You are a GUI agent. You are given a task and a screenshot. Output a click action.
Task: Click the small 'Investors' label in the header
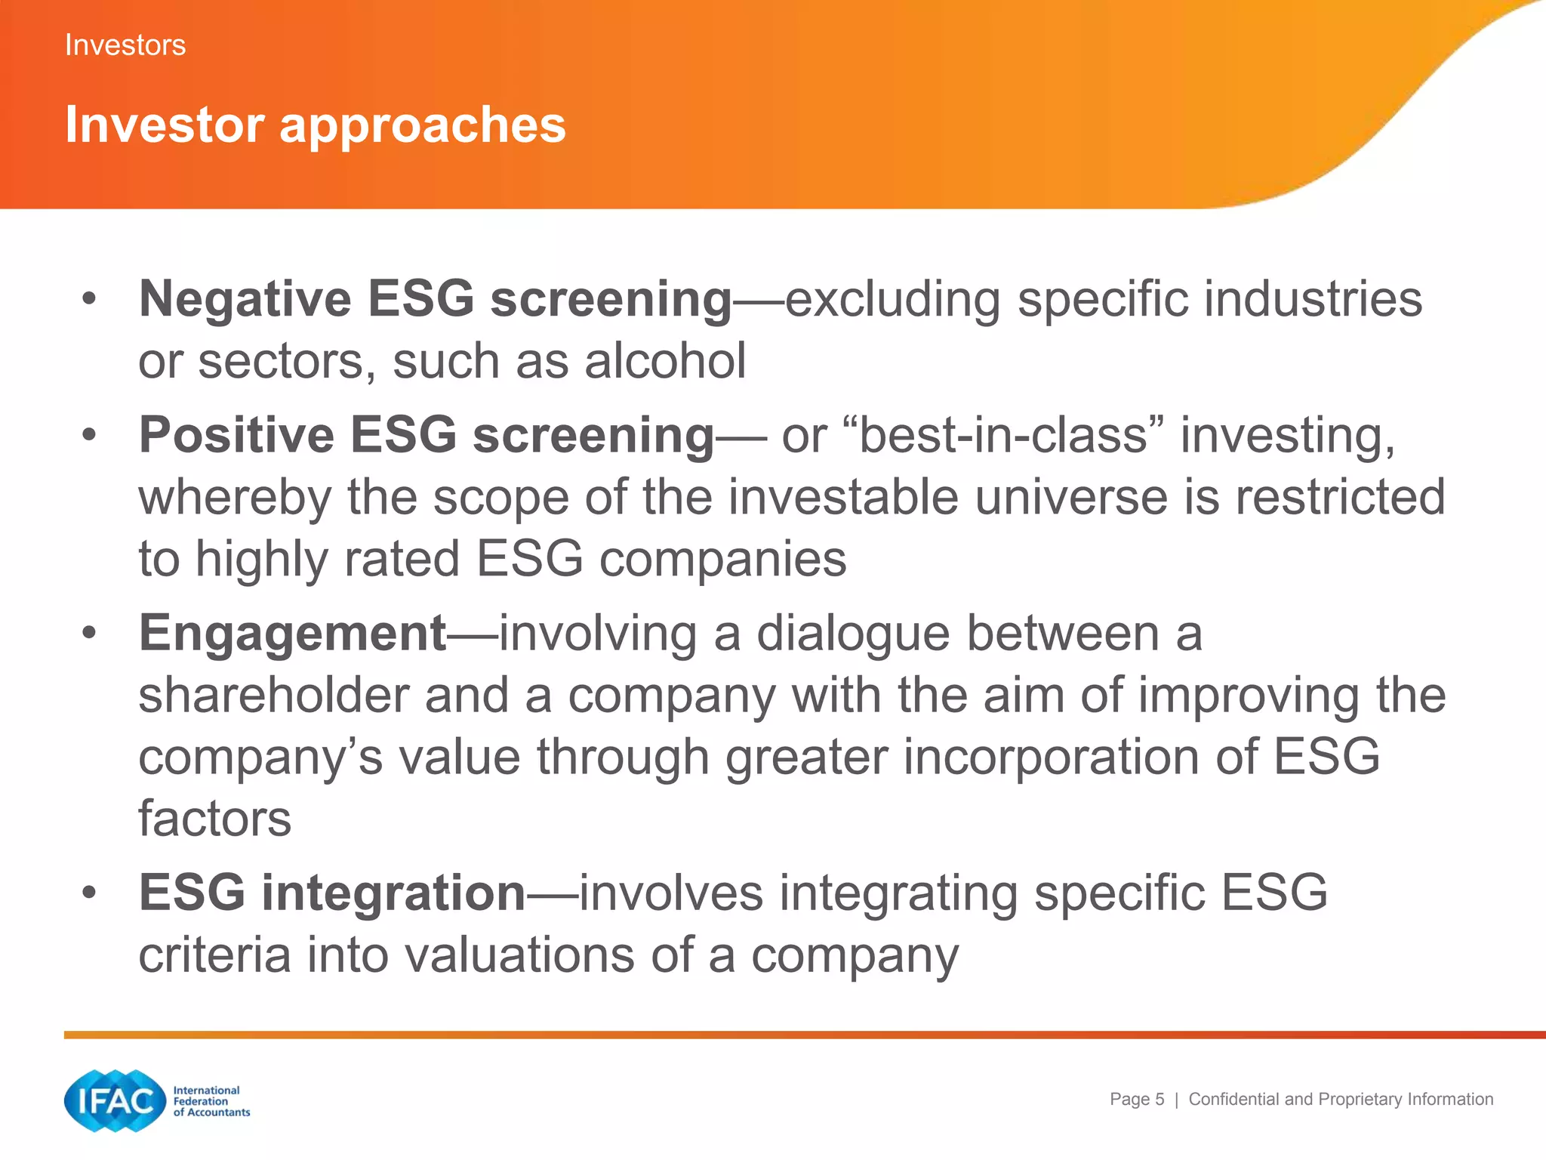coord(125,45)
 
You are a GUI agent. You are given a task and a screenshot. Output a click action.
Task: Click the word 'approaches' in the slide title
coord(423,125)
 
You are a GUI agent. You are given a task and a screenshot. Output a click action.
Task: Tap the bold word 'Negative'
coord(245,299)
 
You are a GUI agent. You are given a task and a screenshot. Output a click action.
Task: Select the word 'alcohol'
coord(665,361)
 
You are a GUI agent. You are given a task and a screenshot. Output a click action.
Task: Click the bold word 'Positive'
coord(236,436)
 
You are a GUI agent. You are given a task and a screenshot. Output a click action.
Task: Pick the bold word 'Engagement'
coord(293,634)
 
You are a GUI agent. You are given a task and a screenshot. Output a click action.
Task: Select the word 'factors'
coord(215,819)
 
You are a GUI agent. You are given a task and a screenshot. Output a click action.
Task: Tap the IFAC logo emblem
coord(115,1101)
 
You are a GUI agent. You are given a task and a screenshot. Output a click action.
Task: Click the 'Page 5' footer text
coord(1136,1100)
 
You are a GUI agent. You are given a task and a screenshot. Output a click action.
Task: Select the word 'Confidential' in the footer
coord(1234,1100)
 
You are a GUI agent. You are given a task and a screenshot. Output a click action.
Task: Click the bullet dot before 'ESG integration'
coord(90,893)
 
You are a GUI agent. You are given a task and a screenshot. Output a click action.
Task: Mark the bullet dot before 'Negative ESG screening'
coord(90,299)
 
